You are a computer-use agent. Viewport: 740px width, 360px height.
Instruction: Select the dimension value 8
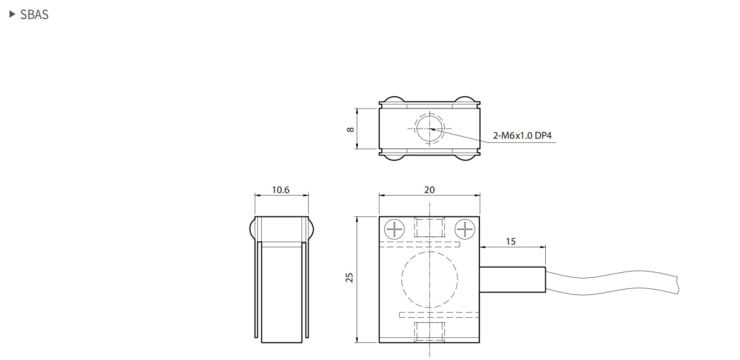[351, 129]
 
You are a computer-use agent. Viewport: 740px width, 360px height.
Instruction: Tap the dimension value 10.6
[280, 189]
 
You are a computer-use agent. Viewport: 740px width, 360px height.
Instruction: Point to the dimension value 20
[429, 189]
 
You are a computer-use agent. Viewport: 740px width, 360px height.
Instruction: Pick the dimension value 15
[511, 242]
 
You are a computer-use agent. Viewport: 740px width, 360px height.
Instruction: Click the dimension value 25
[350, 278]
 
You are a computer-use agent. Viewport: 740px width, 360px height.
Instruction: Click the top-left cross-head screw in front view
[393, 229]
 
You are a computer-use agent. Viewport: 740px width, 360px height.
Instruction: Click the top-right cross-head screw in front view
[465, 229]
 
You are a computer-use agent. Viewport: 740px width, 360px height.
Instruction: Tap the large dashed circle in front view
[429, 279]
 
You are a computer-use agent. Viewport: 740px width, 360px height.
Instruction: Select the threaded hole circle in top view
[429, 129]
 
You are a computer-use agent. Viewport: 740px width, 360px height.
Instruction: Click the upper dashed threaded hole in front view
[429, 229]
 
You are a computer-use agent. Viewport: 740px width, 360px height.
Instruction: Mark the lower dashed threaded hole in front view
[429, 330]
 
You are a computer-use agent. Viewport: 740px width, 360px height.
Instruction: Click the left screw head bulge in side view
[251, 229]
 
